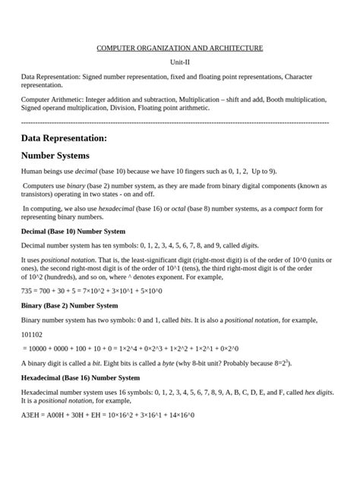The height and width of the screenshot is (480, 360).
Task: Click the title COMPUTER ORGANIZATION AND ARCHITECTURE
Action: [179, 49]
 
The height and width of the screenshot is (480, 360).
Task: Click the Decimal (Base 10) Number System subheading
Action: [73, 231]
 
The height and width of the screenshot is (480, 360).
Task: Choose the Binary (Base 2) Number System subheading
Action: [70, 305]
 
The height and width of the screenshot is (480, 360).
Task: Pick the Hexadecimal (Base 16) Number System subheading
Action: [81, 377]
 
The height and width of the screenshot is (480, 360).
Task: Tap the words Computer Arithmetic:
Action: [53, 99]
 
